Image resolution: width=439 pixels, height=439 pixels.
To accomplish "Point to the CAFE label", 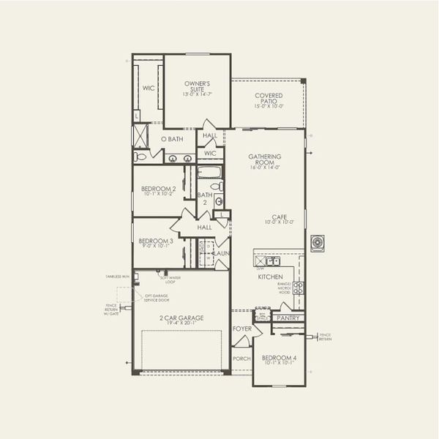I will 279,217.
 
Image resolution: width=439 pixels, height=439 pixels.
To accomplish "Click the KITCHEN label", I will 269,277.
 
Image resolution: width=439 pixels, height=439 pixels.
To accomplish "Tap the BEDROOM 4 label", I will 279,358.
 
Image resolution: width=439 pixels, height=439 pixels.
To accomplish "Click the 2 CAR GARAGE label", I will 180,318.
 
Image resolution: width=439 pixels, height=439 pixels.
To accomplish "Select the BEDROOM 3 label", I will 155,241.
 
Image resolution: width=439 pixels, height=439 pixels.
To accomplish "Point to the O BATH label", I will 172,138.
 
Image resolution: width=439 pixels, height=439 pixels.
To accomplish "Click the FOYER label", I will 242,329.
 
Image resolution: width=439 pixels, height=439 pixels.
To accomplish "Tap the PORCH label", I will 241,359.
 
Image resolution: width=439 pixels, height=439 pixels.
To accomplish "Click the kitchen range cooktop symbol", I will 298,287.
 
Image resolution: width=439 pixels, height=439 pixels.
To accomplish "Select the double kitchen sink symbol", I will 272,260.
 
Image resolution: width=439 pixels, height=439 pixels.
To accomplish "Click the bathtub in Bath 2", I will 209,173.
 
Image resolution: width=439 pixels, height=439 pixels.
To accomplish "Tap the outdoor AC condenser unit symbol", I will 318,243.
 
